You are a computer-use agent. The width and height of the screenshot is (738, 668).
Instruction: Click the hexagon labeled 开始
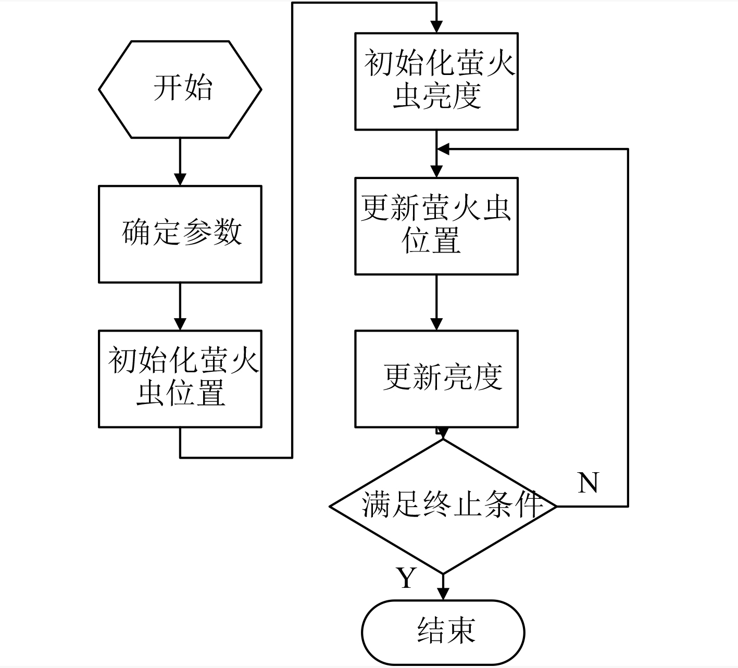coord(180,90)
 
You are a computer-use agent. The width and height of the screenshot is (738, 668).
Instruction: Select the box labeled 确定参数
coord(180,234)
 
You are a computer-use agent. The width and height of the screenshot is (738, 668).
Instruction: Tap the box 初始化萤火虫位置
coord(180,379)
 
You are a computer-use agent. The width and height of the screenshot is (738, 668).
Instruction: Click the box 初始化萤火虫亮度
coord(436,81)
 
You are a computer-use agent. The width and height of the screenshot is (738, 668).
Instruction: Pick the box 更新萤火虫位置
coord(436,226)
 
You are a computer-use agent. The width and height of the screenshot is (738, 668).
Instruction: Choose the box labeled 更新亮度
coord(436,379)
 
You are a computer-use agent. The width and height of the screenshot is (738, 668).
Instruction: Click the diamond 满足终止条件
coord(443,507)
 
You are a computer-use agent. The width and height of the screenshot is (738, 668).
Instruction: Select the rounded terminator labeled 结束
coord(443,632)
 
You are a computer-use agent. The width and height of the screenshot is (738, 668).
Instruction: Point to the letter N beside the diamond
coord(589,482)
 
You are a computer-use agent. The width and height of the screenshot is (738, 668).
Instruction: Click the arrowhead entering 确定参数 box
coord(180,179)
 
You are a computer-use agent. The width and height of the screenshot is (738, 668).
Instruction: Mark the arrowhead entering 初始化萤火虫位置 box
coord(180,324)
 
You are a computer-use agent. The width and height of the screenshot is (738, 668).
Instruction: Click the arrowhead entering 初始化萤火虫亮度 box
coord(436,27)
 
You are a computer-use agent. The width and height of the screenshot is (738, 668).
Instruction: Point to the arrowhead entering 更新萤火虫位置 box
coord(436,171)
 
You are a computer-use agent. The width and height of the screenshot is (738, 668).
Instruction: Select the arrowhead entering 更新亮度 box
coord(436,324)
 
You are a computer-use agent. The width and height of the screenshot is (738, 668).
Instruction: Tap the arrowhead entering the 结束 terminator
coord(443,594)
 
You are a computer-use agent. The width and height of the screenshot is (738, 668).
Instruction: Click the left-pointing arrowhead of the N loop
coord(443,149)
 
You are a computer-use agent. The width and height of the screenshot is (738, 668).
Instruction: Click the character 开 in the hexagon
coord(167,88)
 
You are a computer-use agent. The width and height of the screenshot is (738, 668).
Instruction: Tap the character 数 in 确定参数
coord(228,232)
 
